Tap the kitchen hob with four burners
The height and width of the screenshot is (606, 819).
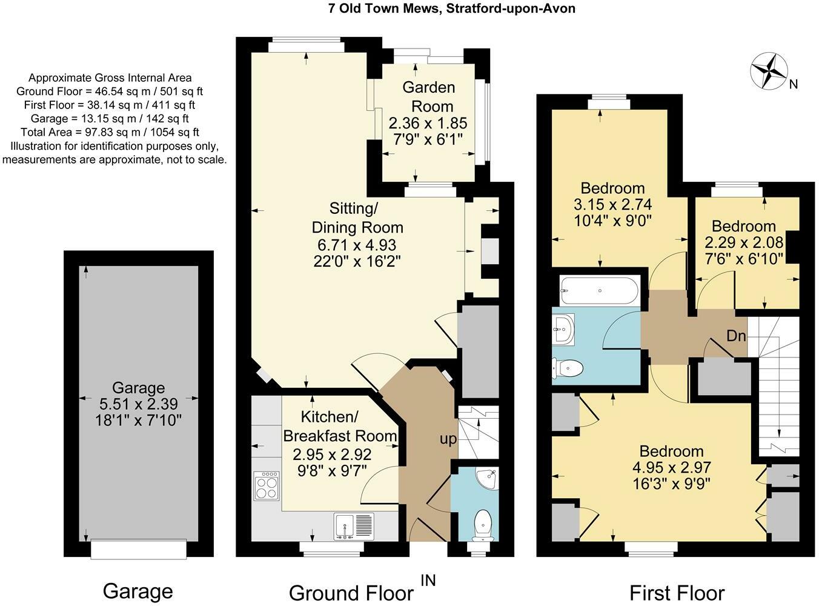pyautogui.click(x=267, y=485)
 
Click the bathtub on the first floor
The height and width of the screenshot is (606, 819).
pyautogui.click(x=598, y=290)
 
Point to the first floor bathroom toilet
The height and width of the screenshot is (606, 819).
pyautogui.click(x=568, y=368)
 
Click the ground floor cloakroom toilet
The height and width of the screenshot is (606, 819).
pyautogui.click(x=483, y=523)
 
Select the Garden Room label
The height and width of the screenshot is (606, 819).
pyautogui.click(x=428, y=96)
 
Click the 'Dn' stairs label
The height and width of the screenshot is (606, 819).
pyautogui.click(x=736, y=336)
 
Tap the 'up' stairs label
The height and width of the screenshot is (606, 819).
pyautogui.click(x=448, y=439)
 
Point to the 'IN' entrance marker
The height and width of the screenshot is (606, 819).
pyautogui.click(x=428, y=580)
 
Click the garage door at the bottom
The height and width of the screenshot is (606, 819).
pyautogui.click(x=139, y=549)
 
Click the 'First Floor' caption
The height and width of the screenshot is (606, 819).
pyautogui.click(x=677, y=592)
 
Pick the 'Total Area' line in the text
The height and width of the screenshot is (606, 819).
pyautogui.click(x=110, y=132)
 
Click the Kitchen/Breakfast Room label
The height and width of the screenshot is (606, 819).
pyautogui.click(x=339, y=426)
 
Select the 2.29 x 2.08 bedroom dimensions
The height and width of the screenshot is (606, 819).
pyautogui.click(x=743, y=242)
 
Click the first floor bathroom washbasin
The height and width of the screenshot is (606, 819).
pyautogui.click(x=565, y=329)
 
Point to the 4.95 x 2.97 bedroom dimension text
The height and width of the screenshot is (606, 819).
pyautogui.click(x=671, y=467)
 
